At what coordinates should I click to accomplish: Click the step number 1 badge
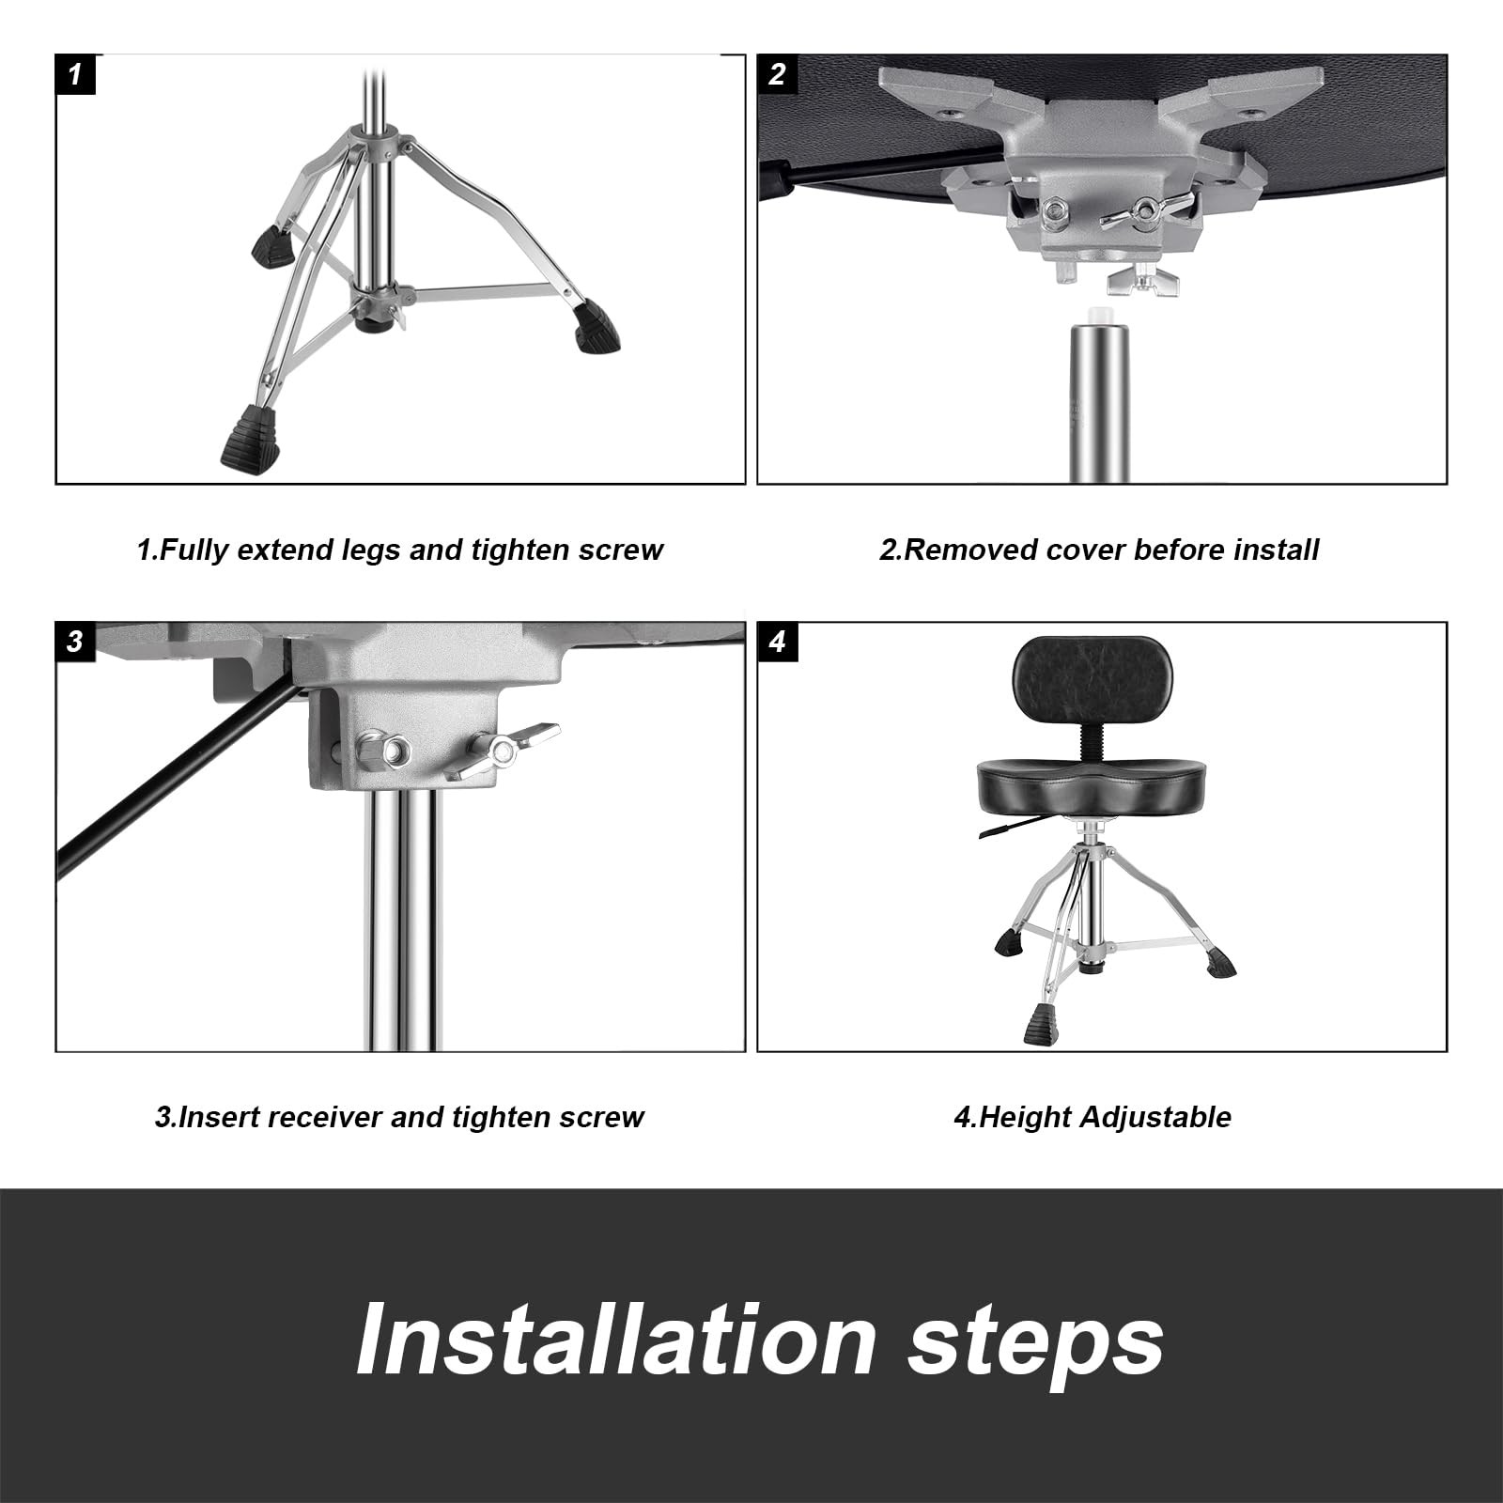(x=75, y=74)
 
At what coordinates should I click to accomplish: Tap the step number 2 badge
(x=777, y=74)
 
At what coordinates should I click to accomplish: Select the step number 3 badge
(x=75, y=642)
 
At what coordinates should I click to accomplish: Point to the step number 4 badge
(x=777, y=642)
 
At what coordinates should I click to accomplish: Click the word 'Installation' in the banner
(x=616, y=1340)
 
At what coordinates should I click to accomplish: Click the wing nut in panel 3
(x=503, y=749)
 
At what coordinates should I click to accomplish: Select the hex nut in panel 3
(x=383, y=751)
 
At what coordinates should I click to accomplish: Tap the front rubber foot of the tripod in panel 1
(x=251, y=438)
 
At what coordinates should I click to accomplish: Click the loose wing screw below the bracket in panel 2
(x=1141, y=281)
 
